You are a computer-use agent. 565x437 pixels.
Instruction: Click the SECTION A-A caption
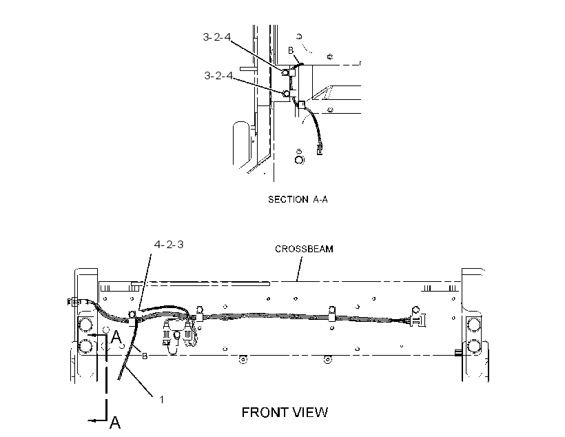298,199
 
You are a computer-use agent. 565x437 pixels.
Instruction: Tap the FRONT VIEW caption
285,412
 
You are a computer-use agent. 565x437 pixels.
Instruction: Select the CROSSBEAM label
304,249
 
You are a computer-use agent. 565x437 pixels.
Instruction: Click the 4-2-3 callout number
169,245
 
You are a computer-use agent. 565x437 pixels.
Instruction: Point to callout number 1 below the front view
162,400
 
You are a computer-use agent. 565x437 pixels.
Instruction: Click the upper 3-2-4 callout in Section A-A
216,37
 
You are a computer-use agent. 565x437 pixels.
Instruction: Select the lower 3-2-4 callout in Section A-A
218,75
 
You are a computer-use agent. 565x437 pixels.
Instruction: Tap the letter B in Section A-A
291,50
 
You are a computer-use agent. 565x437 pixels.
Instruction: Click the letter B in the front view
145,356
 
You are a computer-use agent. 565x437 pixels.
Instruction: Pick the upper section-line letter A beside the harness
116,337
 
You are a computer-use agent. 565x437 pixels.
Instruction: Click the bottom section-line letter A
115,422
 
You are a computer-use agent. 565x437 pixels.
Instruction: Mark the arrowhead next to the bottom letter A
91,420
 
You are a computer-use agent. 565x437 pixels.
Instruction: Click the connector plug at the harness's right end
418,320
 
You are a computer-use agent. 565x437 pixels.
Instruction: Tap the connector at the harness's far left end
72,301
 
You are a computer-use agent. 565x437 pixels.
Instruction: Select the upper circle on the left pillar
85,325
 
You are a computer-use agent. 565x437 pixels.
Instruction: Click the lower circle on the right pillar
474,346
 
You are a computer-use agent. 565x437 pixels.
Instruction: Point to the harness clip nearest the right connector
332,314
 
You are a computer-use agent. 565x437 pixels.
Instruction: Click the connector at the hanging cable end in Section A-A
319,149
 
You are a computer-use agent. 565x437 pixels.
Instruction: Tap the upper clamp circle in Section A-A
285,72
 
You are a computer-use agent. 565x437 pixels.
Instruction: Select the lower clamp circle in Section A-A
286,94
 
